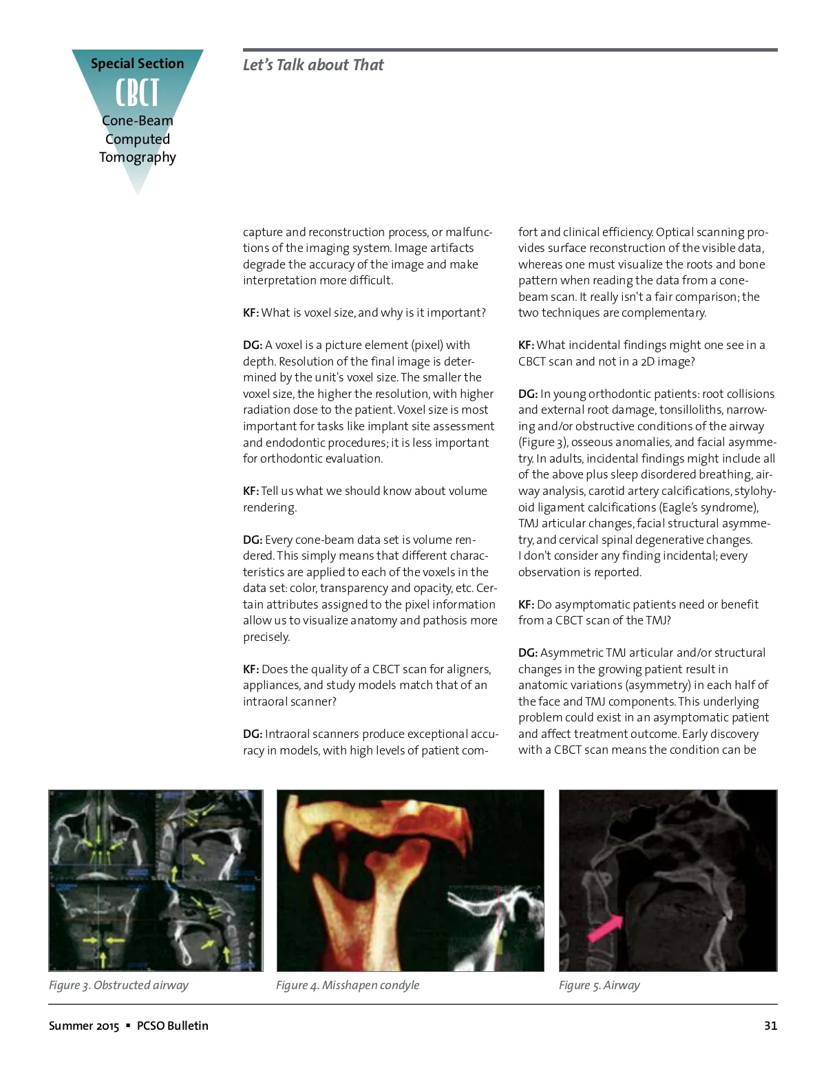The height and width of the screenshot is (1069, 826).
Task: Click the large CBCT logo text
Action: pos(137,93)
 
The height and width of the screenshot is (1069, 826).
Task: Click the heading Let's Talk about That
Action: pos(313,65)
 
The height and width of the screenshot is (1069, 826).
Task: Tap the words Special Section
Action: pos(137,63)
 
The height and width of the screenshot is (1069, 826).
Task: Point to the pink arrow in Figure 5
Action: pos(604,927)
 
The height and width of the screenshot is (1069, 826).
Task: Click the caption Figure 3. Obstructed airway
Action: pos(118,985)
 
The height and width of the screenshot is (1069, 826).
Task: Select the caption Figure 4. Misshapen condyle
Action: pos(348,985)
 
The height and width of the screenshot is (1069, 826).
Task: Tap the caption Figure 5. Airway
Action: pos(599,985)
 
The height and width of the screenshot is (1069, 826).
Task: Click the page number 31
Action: pos(770,1026)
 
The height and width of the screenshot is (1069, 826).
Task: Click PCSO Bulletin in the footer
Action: pos(172,1026)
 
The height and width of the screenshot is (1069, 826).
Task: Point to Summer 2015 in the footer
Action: pos(84,1026)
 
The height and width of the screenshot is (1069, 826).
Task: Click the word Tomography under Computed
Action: pos(137,157)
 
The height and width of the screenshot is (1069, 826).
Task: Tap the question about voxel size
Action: pos(372,313)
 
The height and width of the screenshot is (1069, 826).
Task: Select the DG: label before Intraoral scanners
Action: pos(253,734)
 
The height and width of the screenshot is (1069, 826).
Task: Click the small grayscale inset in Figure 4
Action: pos(495,927)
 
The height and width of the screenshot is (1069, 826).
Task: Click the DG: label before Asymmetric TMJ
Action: pos(528,653)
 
